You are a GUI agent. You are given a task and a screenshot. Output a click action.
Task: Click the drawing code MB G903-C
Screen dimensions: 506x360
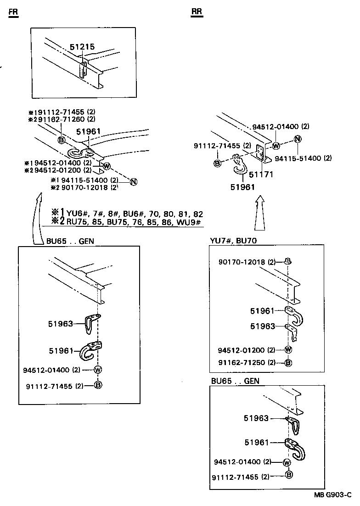point(332,495)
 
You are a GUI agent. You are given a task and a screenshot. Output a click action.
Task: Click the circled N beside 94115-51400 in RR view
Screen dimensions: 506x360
point(297,139)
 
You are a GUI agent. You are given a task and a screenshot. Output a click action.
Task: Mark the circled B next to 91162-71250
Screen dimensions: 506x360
point(288,363)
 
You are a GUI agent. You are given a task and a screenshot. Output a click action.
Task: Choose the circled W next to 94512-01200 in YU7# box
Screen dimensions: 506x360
point(288,349)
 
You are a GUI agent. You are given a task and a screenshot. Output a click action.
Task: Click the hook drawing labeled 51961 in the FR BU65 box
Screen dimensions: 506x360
point(91,351)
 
